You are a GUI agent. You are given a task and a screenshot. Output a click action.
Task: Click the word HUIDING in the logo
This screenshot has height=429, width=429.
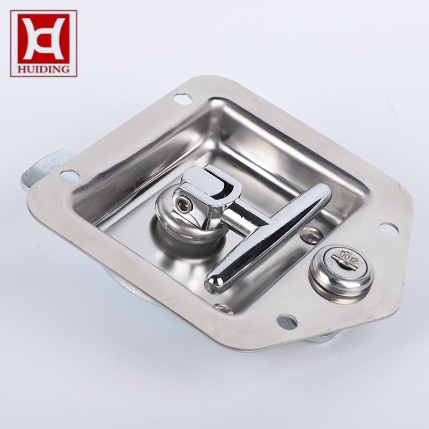click(43, 69)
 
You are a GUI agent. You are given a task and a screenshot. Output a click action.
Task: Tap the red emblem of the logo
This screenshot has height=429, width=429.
click(43, 39)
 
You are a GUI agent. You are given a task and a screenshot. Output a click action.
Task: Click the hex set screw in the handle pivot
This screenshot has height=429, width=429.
click(182, 205)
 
